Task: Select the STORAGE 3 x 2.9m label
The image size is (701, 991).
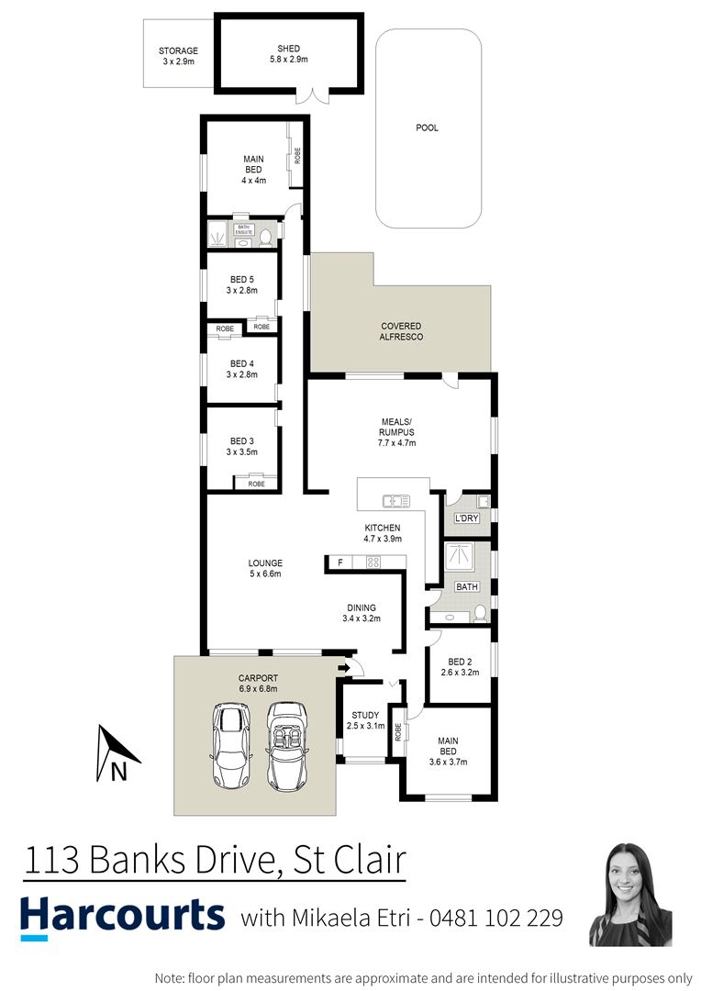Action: (x=178, y=56)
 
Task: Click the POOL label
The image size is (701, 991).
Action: (x=427, y=128)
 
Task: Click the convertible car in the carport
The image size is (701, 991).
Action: (x=287, y=746)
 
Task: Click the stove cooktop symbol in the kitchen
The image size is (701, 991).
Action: (x=373, y=562)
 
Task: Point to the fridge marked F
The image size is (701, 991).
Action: (x=340, y=562)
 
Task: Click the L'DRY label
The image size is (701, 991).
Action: (x=467, y=518)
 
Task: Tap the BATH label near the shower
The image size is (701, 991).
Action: (x=467, y=586)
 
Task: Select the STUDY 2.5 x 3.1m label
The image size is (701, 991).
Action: (x=364, y=721)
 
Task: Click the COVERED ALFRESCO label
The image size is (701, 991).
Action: (x=401, y=331)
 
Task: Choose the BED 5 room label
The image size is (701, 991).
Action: (x=241, y=284)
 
